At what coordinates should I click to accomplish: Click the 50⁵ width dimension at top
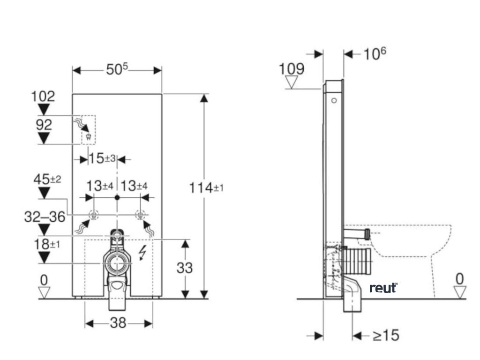coord(116,70)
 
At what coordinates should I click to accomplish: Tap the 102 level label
coord(43,97)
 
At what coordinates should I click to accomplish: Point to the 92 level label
coord(43,125)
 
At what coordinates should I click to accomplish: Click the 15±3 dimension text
coord(102,158)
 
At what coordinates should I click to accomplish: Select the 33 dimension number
coord(185,268)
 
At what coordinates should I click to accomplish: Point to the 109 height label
coord(291,69)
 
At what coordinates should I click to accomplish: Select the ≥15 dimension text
coord(386,335)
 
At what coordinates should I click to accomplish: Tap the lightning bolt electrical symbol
coord(143,254)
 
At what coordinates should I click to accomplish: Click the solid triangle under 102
coord(44,110)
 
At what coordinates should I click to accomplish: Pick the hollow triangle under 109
coord(292,83)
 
